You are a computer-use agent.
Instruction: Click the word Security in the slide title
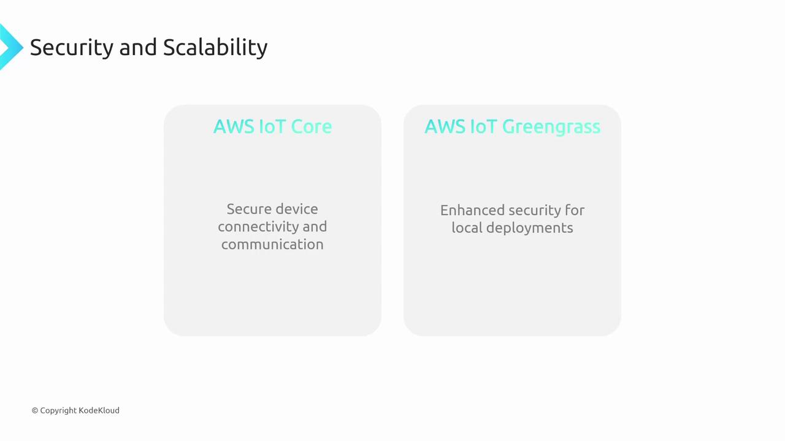(72, 48)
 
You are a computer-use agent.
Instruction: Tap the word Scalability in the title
(215, 48)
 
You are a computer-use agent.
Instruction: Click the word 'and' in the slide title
(138, 47)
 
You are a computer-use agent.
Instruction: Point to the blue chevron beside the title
(11, 47)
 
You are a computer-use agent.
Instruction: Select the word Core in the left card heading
(311, 126)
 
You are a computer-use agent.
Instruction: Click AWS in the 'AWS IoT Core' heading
(234, 126)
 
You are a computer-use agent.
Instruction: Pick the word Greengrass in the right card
(551, 127)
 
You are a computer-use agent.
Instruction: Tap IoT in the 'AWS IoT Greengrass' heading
(483, 126)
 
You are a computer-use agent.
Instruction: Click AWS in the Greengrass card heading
(445, 126)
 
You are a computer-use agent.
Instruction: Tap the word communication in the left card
(272, 244)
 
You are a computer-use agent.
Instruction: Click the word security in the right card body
(534, 211)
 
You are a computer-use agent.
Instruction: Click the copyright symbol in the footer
(35, 410)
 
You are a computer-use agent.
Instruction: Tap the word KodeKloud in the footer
(99, 410)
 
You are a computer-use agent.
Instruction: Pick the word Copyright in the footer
(58, 410)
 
